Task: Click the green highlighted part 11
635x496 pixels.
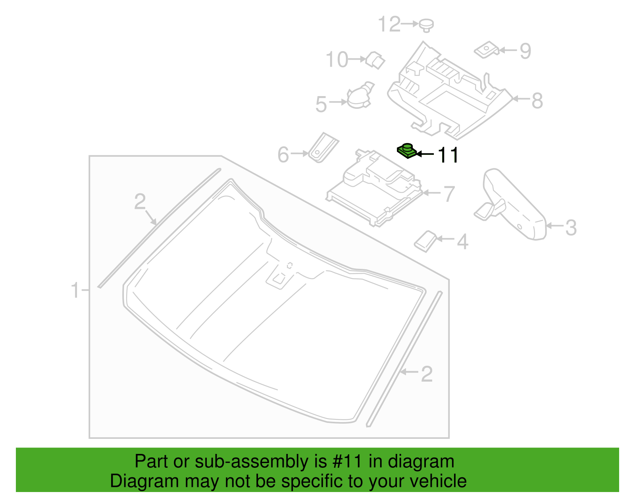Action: (x=407, y=151)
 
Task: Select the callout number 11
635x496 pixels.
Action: (x=448, y=155)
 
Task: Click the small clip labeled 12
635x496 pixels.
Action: (x=426, y=26)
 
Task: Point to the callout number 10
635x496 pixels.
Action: (x=337, y=60)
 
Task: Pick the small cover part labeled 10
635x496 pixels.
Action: (x=375, y=60)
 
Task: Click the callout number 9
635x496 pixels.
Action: (x=525, y=51)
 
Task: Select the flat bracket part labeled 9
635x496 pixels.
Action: (x=487, y=50)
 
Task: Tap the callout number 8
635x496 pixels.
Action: (x=537, y=101)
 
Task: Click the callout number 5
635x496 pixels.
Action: (x=321, y=104)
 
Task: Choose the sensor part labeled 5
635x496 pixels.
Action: (x=360, y=95)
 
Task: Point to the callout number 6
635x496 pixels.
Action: (x=283, y=154)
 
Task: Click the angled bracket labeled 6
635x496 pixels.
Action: (x=323, y=147)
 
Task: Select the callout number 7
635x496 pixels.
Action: (x=449, y=194)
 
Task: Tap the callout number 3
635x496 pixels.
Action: (x=571, y=228)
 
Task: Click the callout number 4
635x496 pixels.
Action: (x=463, y=241)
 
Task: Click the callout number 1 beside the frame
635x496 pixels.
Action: (x=75, y=290)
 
